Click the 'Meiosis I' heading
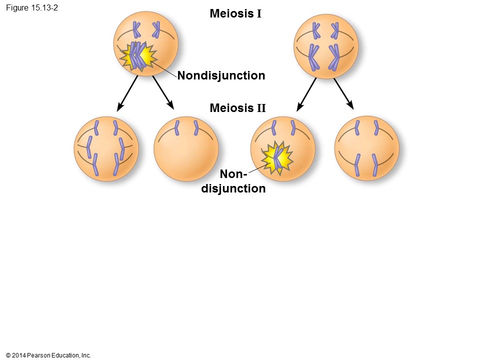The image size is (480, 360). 235,13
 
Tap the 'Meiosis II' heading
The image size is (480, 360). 238,108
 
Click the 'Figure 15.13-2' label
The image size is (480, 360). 32,7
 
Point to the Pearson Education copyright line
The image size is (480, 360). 48,355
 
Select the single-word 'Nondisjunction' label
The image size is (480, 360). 221,75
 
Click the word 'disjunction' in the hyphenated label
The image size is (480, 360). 233,188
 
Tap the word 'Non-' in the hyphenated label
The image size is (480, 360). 233,174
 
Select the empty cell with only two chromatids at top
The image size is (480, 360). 186,149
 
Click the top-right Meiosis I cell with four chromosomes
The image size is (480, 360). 325,46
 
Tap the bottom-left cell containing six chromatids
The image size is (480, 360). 106,149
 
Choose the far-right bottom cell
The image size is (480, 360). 366,148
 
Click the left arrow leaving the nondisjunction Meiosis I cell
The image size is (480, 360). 127,93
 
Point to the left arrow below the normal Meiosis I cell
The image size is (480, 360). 306,94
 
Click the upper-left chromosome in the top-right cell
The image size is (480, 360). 315,30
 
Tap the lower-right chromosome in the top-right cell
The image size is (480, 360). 334,57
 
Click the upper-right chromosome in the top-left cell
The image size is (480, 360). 156,29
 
